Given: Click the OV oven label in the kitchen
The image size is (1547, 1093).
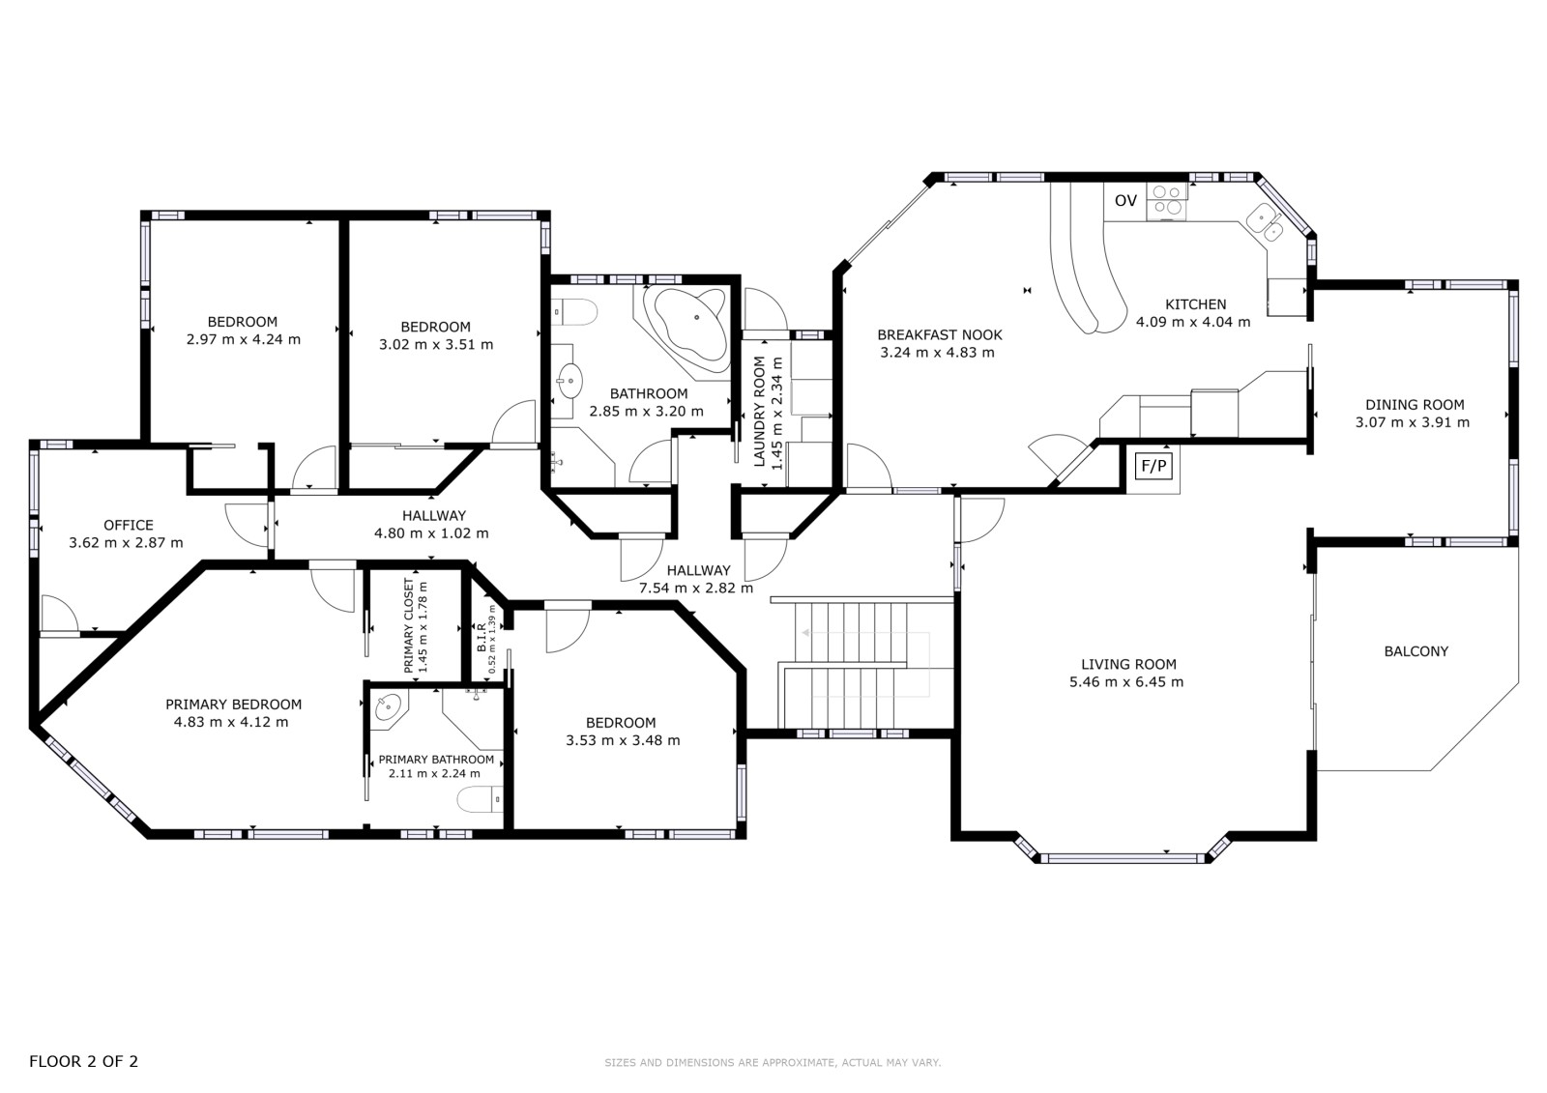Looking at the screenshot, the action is click(x=1125, y=201).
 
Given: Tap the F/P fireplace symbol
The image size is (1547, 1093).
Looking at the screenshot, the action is click(x=1154, y=466).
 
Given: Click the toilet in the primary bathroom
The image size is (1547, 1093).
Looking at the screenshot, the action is click(x=480, y=800).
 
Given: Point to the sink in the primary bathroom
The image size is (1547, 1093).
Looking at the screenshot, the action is click(x=389, y=707).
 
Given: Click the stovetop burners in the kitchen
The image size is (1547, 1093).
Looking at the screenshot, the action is click(x=1167, y=199).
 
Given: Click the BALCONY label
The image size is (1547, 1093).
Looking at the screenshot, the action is click(x=1416, y=651).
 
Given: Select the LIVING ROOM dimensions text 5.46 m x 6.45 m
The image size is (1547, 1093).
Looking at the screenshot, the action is click(x=1126, y=682).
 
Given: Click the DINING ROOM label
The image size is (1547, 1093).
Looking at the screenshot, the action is click(x=1415, y=405).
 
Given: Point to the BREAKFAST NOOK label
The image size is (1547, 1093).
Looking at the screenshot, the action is click(x=939, y=335).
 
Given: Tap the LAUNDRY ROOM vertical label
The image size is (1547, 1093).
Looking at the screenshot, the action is click(x=760, y=412).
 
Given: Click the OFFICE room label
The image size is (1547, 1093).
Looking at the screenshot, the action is click(x=129, y=526).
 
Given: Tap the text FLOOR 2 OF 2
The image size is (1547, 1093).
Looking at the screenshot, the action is click(x=83, y=1061).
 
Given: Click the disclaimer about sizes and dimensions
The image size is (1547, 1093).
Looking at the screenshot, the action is click(x=773, y=1063).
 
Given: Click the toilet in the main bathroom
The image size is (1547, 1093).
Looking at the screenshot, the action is click(x=574, y=311).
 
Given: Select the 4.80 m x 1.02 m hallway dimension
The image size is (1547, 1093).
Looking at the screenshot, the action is click(x=431, y=533).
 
